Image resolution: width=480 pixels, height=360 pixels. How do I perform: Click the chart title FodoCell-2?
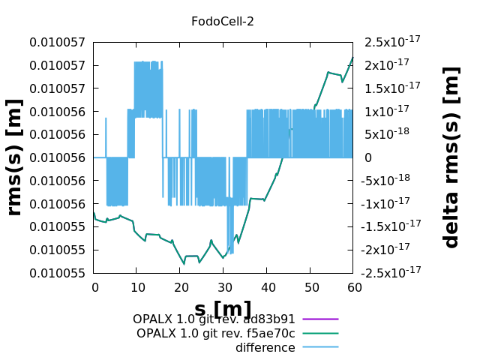pos(223,21)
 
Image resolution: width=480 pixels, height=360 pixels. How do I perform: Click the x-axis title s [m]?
pos(223,309)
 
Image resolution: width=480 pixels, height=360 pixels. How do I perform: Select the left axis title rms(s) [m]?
pos(13,157)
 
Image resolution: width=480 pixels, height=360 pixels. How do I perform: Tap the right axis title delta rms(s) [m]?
pos(451,157)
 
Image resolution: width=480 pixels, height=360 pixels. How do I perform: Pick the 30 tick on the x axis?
pos(224,287)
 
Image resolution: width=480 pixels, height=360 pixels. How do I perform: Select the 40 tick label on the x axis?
pos(268,287)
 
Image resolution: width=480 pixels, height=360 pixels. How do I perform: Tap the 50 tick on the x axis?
pos(311,287)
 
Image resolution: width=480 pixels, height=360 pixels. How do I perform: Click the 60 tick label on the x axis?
pos(355,287)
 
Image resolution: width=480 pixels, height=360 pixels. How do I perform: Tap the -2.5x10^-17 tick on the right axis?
pos(392,273)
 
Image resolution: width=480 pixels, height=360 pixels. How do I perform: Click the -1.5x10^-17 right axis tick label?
pos(392,226)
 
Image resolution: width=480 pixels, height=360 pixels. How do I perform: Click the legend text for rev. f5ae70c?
pos(216,333)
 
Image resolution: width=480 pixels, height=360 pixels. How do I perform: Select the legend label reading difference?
pos(265,347)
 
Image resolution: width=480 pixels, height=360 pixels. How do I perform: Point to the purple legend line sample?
pos(321,319)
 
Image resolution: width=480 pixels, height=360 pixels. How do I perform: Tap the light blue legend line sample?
pos(321,347)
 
